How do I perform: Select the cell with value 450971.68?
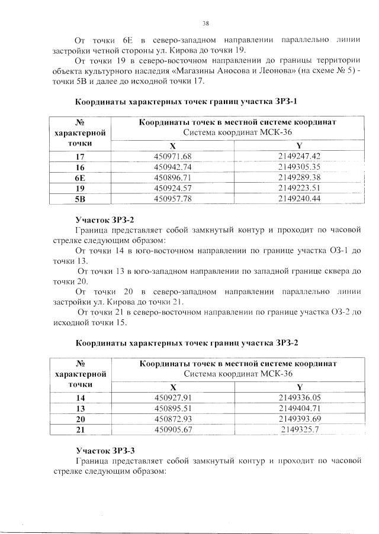[173, 156]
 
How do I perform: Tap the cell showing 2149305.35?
[299, 167]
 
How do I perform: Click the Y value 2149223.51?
[299, 188]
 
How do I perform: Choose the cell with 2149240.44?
[299, 199]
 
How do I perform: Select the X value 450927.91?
[173, 398]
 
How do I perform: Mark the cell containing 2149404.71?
[299, 408]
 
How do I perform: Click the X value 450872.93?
[173, 419]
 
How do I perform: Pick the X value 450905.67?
[173, 429]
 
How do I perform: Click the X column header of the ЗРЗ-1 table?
[173, 145]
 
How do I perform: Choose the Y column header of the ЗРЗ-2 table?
[299, 387]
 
